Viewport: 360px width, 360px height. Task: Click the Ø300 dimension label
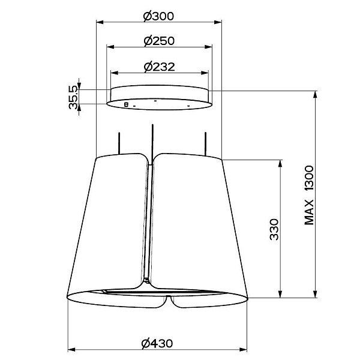(x=158, y=16)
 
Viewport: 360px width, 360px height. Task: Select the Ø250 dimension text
(x=159, y=41)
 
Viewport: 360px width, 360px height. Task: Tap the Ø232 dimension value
(x=160, y=67)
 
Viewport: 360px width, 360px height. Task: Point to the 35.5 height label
(x=74, y=97)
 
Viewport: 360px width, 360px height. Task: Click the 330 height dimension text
(x=274, y=229)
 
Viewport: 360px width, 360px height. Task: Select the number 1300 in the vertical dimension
(x=309, y=178)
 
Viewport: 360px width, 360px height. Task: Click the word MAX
(x=309, y=212)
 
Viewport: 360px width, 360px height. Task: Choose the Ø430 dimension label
(x=157, y=343)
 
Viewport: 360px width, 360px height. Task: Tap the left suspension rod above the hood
(x=119, y=143)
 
